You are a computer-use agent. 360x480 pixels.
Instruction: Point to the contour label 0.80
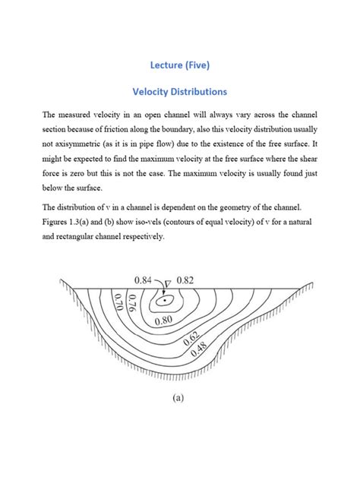pyautogui.click(x=163, y=321)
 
